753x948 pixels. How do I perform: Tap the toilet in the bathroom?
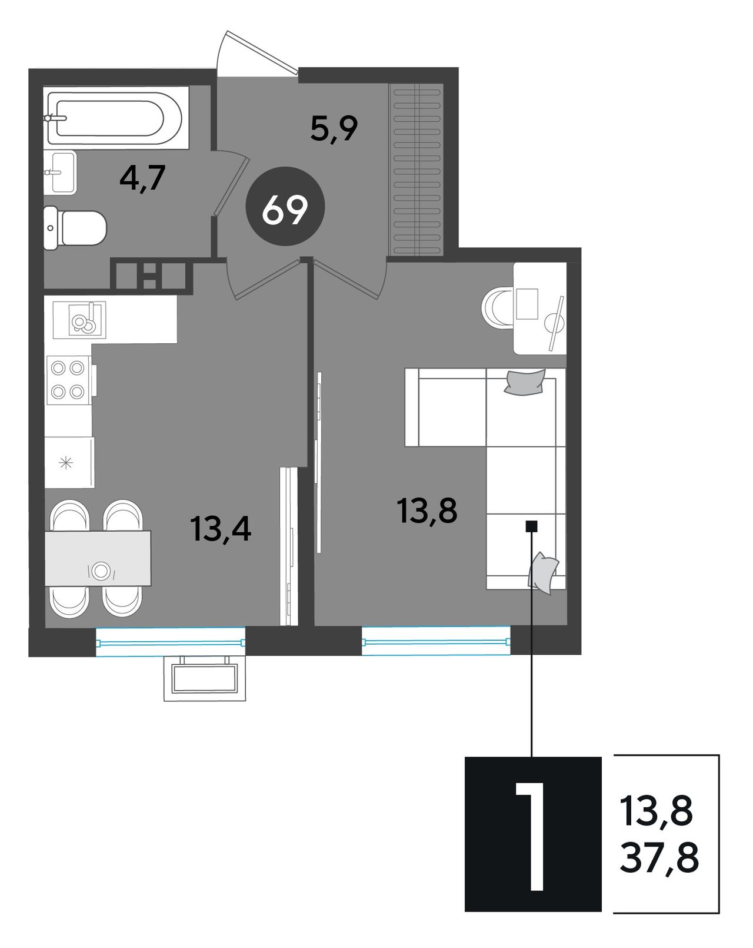point(75,228)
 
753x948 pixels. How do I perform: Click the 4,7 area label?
point(142,178)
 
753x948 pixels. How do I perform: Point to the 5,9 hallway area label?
point(334,128)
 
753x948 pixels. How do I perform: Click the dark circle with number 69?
point(285,206)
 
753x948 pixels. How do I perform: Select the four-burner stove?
point(69,380)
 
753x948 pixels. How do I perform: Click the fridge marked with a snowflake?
point(69,462)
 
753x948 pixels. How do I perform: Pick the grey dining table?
point(98,559)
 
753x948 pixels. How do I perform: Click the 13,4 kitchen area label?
point(221,529)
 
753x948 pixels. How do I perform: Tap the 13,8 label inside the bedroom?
point(427,511)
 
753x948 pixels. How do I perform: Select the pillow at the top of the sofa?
point(525,382)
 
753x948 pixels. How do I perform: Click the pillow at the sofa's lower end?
point(543,574)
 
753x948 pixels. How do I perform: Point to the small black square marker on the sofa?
point(532,526)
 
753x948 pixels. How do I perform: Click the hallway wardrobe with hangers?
point(417,170)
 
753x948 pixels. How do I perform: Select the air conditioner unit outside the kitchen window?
point(205,679)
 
